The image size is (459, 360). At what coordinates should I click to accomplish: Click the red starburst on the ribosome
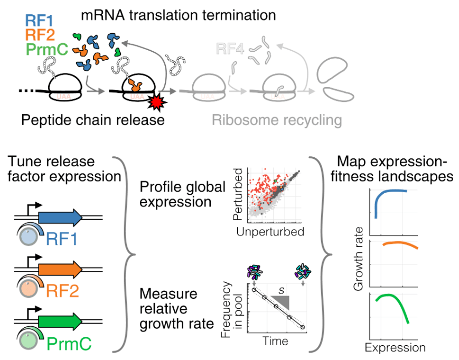156,100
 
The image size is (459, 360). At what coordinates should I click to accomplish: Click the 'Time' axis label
276,341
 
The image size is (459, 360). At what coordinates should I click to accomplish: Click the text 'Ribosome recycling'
277,120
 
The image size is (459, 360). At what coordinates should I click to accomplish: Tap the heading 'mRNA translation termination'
178,15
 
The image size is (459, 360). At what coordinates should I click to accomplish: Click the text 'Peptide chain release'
93,120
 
